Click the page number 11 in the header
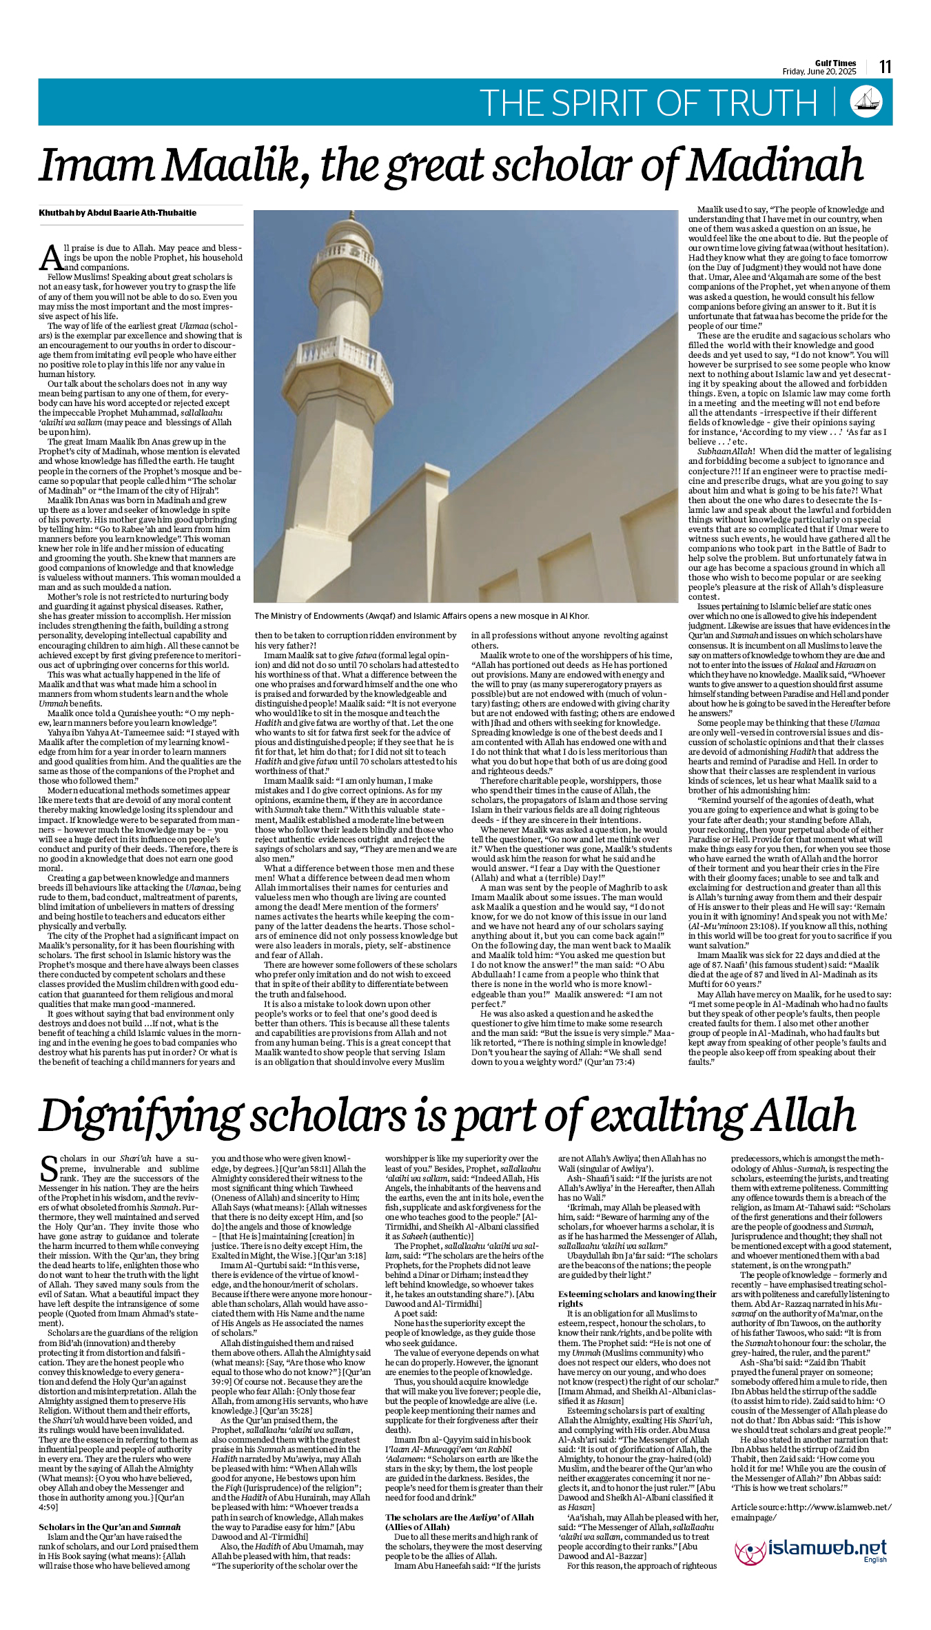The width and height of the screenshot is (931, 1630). (x=886, y=67)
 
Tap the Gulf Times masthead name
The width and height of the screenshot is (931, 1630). (x=835, y=63)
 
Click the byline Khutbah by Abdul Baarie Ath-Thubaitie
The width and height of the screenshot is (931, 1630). (x=117, y=213)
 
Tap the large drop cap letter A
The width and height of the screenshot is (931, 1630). (x=50, y=258)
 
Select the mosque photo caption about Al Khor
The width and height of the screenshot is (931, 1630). (x=421, y=616)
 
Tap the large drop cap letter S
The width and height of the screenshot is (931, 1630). (x=49, y=1169)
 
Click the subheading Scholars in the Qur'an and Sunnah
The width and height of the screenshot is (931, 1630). (x=110, y=1527)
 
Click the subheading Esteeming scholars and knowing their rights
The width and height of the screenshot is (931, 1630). (x=637, y=1298)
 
